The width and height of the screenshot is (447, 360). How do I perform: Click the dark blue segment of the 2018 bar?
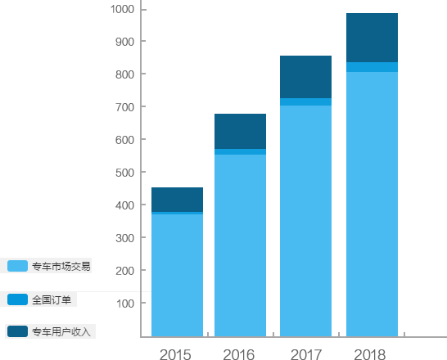pyautogui.click(x=372, y=38)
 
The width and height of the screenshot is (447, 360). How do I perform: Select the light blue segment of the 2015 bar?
pyautogui.click(x=177, y=276)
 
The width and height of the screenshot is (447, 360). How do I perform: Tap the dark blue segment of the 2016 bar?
pyautogui.click(x=241, y=131)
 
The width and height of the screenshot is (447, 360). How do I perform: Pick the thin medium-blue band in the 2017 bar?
pyautogui.click(x=305, y=102)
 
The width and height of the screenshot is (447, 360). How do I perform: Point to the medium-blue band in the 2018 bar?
pyautogui.click(x=372, y=67)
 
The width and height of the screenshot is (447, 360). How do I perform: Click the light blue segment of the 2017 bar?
pyautogui.click(x=305, y=221)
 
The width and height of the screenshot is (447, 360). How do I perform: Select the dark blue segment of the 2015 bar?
pyautogui.click(x=177, y=200)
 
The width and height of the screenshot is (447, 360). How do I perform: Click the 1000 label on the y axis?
pyautogui.click(x=122, y=9)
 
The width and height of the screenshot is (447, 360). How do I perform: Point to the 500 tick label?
pyautogui.click(x=125, y=173)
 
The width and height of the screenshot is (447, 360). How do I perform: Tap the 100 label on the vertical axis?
pyautogui.click(x=125, y=304)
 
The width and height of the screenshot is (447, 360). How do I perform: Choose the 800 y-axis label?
pyautogui.click(x=125, y=74)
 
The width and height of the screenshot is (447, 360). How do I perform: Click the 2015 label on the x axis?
pyautogui.click(x=175, y=354)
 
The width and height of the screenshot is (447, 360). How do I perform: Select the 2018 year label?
pyautogui.click(x=370, y=354)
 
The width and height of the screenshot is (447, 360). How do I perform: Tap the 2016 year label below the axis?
pyautogui.click(x=239, y=354)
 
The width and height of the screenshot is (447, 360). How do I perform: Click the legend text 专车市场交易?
pyautogui.click(x=61, y=266)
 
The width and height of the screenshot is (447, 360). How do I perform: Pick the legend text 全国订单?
pyautogui.click(x=52, y=300)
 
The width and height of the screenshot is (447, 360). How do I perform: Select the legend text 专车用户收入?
pyautogui.click(x=61, y=332)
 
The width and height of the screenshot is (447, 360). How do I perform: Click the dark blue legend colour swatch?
pyautogui.click(x=17, y=331)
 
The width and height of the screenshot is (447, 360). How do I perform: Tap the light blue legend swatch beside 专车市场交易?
pyautogui.click(x=17, y=266)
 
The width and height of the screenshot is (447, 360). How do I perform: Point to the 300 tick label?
pyautogui.click(x=125, y=238)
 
